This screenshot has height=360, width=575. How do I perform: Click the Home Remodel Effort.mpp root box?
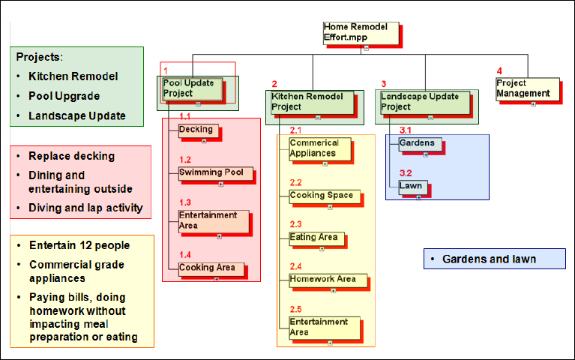[360, 32]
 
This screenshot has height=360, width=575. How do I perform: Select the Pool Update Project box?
[193, 88]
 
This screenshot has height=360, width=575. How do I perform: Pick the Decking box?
[198, 130]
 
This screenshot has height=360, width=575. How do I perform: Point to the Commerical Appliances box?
[320, 148]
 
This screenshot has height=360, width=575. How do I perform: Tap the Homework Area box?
[328, 280]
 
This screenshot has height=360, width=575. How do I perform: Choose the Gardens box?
[420, 143]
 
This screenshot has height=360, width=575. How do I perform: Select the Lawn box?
[412, 184]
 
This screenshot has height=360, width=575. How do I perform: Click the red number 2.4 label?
[295, 267]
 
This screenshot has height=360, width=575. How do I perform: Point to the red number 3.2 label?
[406, 172]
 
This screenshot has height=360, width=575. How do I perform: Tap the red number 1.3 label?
[185, 202]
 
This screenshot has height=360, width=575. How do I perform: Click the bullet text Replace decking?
[71, 156]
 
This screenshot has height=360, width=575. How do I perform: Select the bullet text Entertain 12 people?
[79, 245]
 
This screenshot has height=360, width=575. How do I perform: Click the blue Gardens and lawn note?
[493, 259]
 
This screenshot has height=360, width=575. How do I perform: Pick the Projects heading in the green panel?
[39, 56]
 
